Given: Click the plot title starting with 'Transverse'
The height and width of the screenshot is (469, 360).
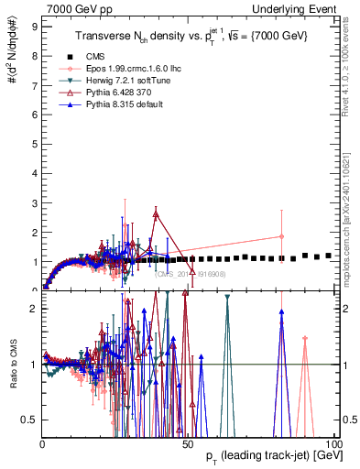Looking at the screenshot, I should [192, 36].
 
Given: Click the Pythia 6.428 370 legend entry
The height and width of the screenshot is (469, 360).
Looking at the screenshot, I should [118, 93].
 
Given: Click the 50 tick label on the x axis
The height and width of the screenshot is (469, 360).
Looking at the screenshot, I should [188, 443].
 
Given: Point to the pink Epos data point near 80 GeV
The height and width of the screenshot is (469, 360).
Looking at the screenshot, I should [281, 236].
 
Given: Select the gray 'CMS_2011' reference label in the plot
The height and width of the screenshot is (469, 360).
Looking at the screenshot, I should [192, 273].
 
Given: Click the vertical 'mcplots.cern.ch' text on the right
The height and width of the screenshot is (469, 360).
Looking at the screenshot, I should [352, 211].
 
